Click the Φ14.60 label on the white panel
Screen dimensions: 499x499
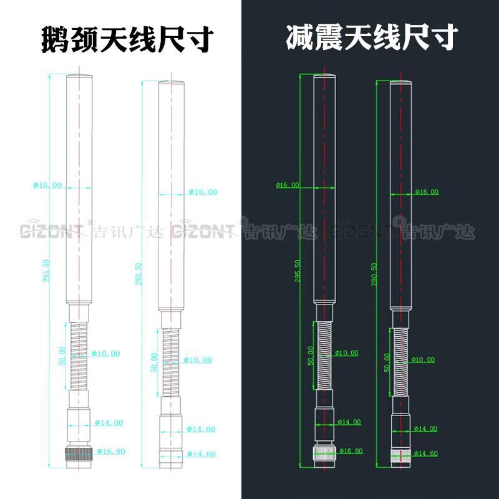pos(201,453)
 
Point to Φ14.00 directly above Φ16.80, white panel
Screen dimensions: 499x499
pos(109,422)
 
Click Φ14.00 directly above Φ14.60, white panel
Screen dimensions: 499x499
pos(201,429)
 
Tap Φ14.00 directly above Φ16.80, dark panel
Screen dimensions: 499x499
pos(349,422)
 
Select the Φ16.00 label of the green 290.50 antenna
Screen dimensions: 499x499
pos(426,192)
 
